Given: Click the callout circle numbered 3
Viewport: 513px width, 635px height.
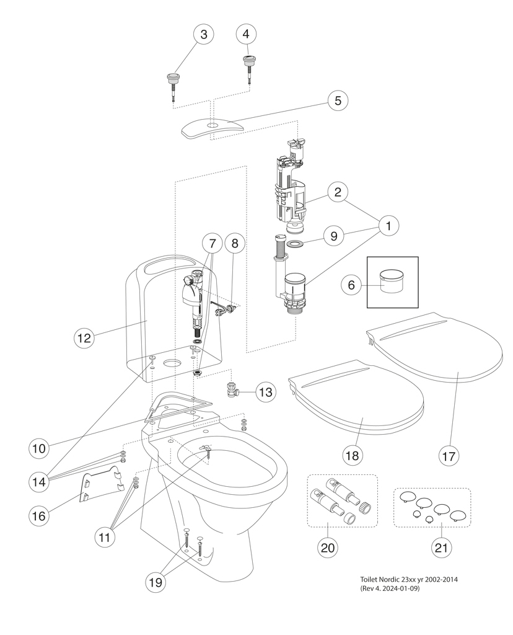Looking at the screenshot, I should click(x=203, y=35).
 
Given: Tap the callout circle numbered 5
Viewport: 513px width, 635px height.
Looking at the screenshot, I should click(x=338, y=100).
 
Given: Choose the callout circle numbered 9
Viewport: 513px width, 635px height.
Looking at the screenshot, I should click(x=333, y=236).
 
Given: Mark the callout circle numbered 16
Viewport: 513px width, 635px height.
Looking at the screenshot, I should click(x=40, y=515).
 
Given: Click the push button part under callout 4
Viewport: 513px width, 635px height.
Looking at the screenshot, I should click(x=250, y=61).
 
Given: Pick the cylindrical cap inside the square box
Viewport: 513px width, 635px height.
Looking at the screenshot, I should click(x=392, y=281).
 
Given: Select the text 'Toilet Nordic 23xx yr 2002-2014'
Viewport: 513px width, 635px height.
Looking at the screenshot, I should click(x=408, y=579).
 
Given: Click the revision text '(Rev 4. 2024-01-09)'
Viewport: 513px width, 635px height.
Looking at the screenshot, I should click(x=389, y=588).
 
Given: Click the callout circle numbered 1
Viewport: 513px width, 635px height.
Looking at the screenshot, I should click(x=388, y=226).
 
